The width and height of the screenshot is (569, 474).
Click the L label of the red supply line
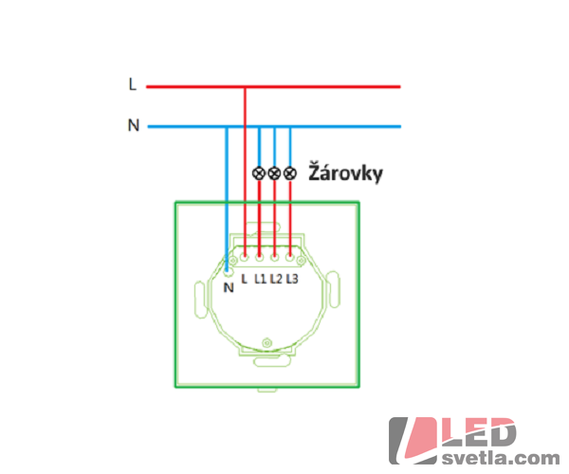tap(133, 84)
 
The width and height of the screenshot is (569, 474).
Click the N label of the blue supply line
tap(134, 125)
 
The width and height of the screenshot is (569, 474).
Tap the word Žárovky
tap(345, 173)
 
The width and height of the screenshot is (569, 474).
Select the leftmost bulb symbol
tap(259, 173)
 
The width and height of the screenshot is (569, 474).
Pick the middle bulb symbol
tap(274, 173)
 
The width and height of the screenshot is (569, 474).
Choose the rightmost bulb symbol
tap(289, 173)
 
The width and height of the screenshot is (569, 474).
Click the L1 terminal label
tap(260, 279)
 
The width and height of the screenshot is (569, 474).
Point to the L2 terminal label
tap(276, 279)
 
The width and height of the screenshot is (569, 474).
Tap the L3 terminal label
tap(292, 279)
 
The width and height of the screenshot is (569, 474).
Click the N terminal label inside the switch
tap(229, 287)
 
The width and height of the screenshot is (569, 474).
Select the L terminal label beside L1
tap(245, 279)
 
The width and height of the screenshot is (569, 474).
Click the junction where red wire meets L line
tap(245, 86)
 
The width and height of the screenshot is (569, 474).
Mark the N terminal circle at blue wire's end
tap(228, 270)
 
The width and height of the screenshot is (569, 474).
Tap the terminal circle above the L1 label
tap(259, 258)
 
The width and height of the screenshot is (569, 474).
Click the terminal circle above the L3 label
tap(289, 258)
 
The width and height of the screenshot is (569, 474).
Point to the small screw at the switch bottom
tap(267, 342)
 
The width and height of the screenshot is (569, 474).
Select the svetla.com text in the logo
tap(501, 458)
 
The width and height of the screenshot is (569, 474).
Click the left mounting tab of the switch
tap(201, 300)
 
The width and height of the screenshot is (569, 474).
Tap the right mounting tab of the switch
tap(333, 290)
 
